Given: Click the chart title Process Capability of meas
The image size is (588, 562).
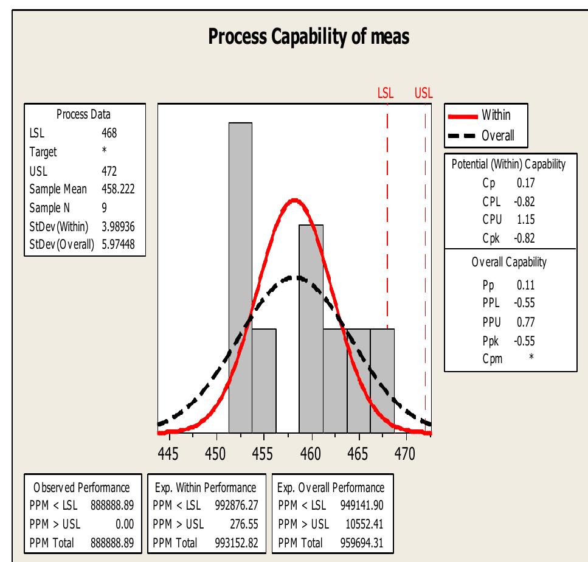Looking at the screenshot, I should coord(308,37).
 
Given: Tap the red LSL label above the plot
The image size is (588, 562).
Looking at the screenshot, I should coord(386,93).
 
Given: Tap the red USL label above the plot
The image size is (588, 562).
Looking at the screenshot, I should coord(423,93).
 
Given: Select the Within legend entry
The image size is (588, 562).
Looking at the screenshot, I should coord(496,114).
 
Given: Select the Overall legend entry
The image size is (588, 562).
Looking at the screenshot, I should coord(498,135).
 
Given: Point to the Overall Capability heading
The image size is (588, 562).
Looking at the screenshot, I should coord(509,263).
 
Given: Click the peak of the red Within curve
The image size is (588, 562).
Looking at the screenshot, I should coord(295,199).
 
